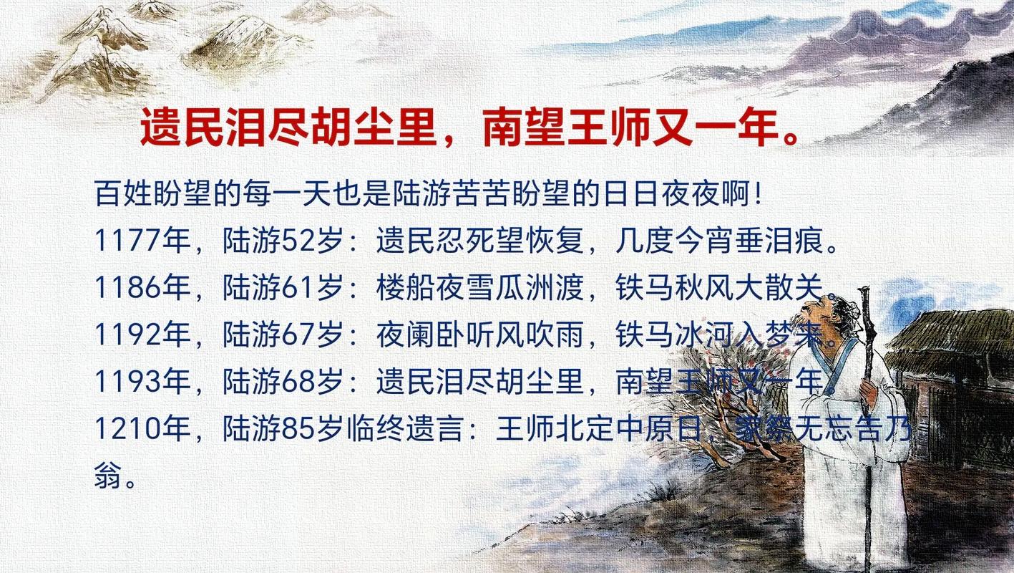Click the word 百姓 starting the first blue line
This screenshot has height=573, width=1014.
[118, 195]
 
